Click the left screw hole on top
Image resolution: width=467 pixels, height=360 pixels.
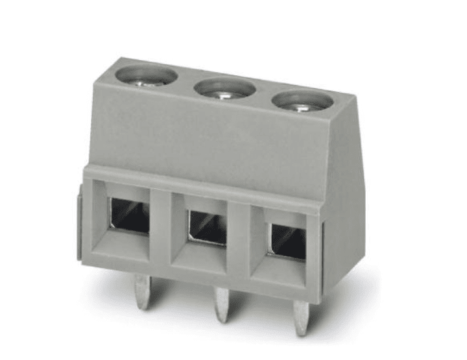point(145,76)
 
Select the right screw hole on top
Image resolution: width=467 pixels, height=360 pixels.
point(299,101)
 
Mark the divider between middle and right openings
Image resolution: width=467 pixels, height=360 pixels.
point(240,238)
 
